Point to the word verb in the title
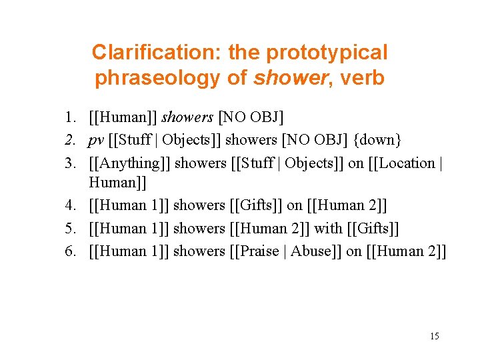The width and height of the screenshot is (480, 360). pos(362,78)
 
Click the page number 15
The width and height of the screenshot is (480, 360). pos(434,336)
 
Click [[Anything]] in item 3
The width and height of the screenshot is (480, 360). pos(129,163)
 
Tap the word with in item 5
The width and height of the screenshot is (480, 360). pos(328,228)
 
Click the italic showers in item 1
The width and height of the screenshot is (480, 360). pos(187,118)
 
